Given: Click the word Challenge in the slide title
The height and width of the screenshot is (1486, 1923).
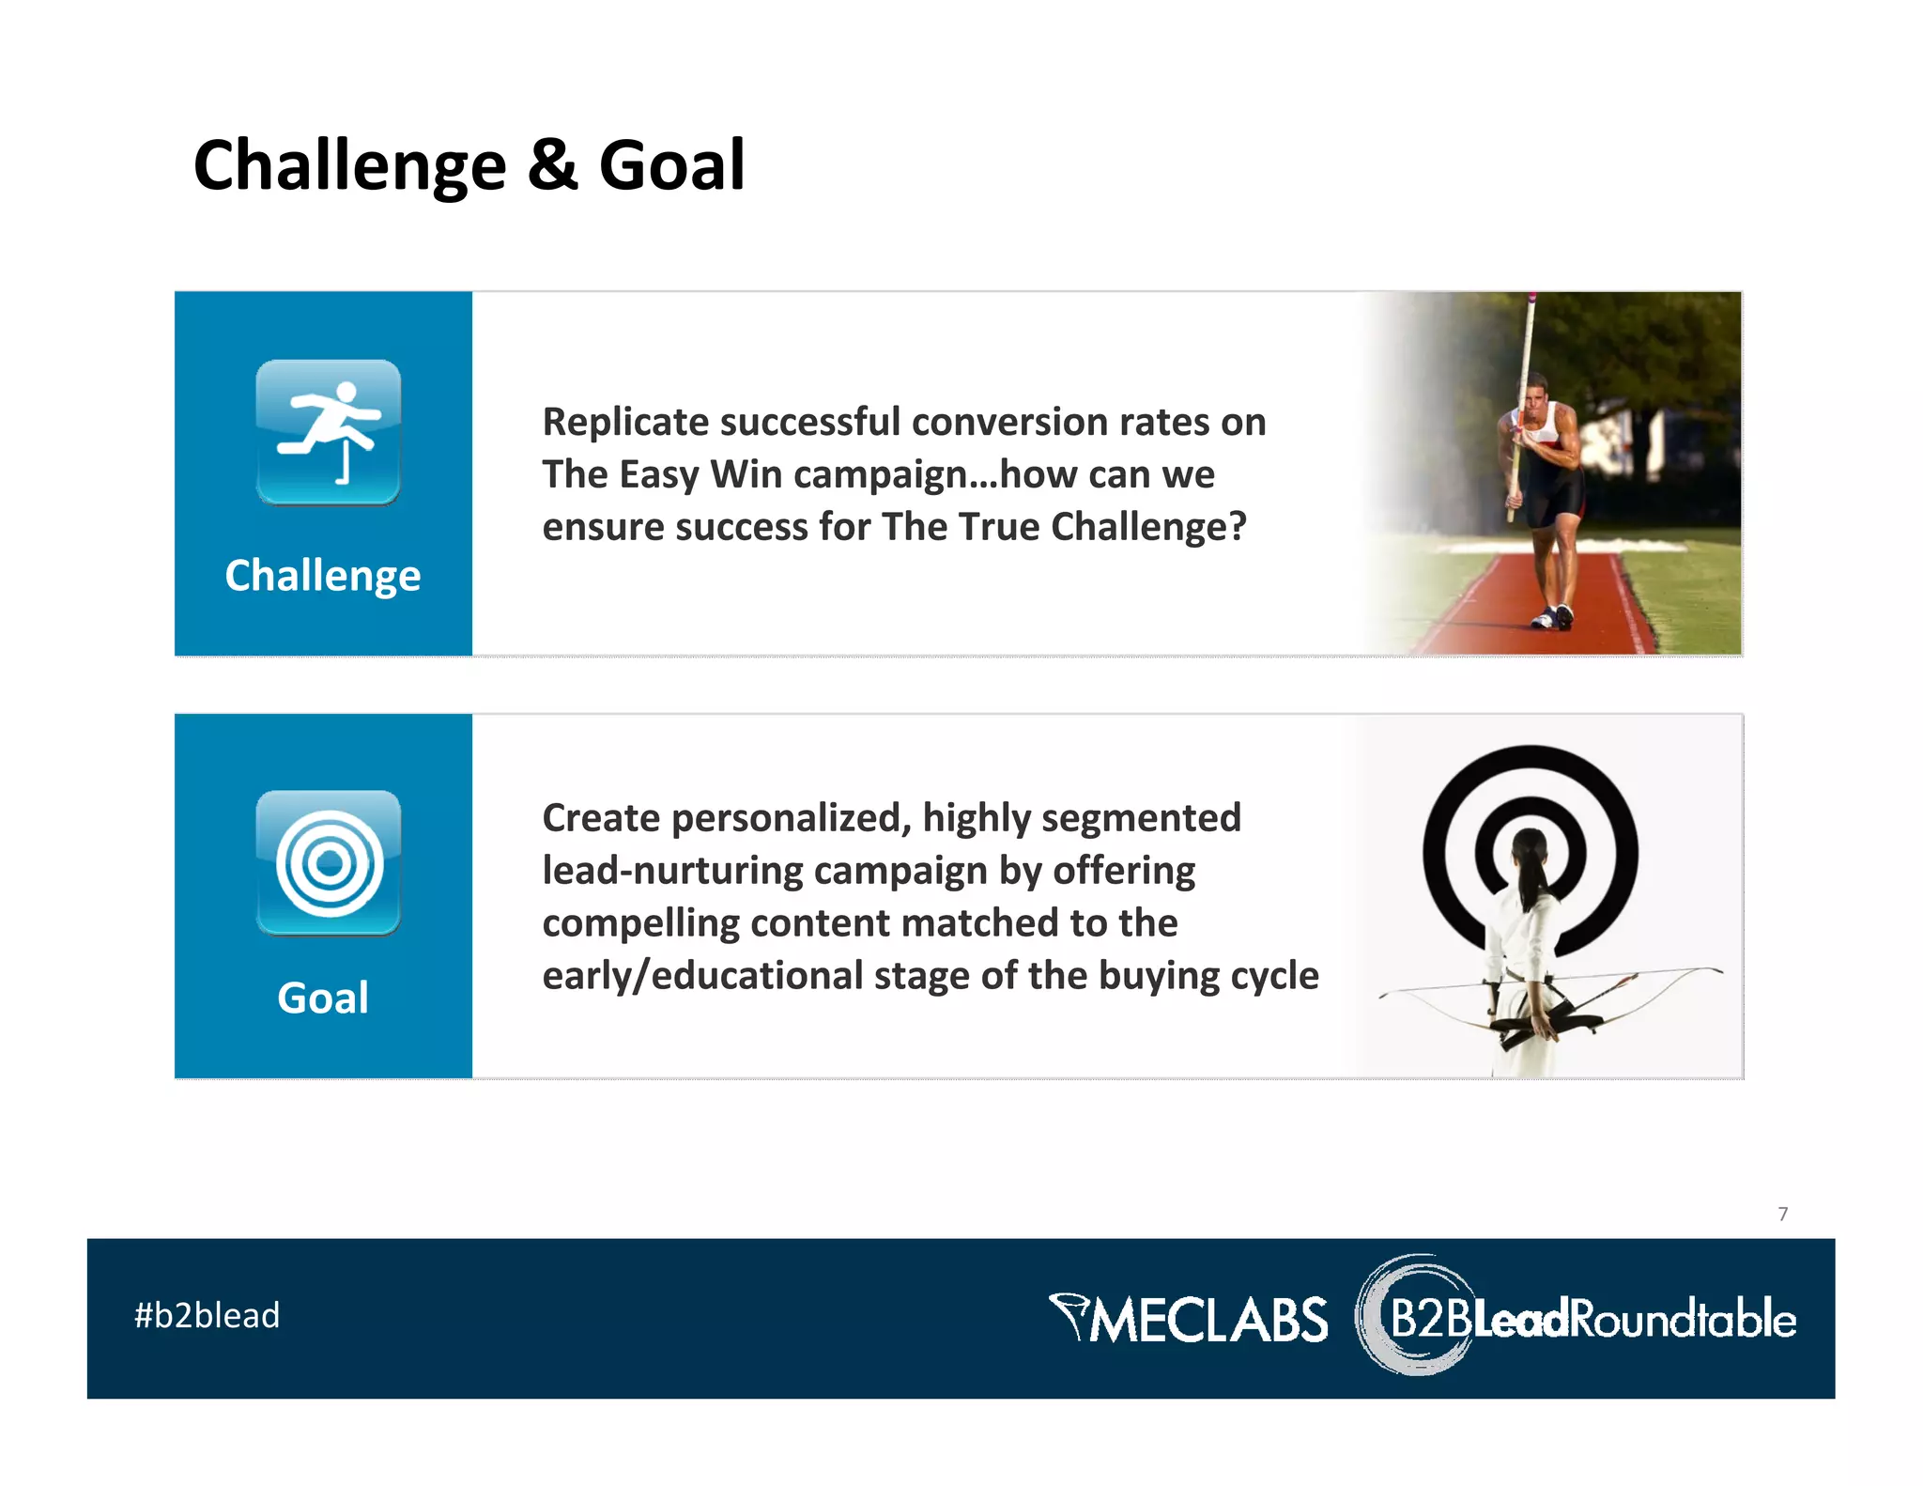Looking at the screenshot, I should (x=349, y=166).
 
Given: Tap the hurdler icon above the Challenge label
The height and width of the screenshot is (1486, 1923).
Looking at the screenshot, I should (x=328, y=432).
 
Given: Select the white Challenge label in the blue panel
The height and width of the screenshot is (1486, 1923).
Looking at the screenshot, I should (x=322, y=575).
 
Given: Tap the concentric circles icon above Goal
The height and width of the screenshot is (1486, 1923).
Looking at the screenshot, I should (x=328, y=862).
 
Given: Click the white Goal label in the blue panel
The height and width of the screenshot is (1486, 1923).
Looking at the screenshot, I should (x=322, y=998).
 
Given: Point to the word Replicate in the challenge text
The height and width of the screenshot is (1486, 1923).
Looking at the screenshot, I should (x=625, y=423).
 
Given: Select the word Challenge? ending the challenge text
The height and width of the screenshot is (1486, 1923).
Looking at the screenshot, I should (x=1147, y=527).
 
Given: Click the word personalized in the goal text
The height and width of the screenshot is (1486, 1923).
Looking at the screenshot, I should (x=792, y=818).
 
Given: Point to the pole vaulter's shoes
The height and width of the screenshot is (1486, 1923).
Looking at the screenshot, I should (x=1551, y=618).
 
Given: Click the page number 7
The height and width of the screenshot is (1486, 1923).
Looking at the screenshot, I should (x=1782, y=1214).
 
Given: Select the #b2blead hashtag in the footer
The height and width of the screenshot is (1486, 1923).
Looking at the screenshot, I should (x=208, y=1316).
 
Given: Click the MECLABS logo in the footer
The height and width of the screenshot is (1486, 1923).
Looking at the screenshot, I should (x=1189, y=1318).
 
